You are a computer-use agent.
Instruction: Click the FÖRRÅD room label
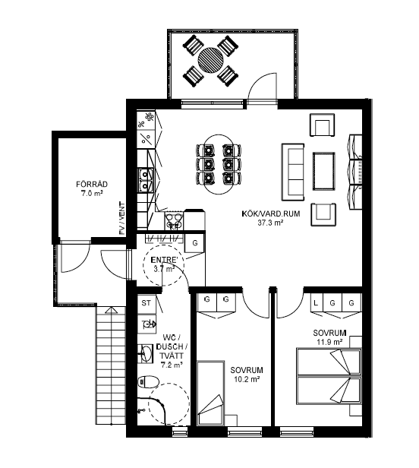click(92, 184)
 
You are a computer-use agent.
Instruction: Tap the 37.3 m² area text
click(270, 223)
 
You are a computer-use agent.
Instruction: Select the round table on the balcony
click(210, 61)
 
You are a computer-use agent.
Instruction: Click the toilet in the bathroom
click(148, 381)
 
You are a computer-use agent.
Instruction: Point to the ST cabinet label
click(146, 303)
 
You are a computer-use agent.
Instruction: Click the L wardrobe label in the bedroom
click(316, 303)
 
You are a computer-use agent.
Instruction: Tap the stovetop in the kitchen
click(174, 221)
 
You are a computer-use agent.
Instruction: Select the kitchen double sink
click(146, 180)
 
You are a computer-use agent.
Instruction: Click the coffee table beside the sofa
click(323, 171)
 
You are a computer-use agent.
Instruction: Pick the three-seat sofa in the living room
click(293, 172)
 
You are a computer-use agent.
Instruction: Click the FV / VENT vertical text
click(121, 218)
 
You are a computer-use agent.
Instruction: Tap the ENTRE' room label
click(164, 260)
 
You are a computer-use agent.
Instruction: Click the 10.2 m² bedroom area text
click(247, 379)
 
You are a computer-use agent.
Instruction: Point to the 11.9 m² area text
click(329, 342)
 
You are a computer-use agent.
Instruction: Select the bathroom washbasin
click(146, 354)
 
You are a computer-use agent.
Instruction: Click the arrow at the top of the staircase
click(111, 311)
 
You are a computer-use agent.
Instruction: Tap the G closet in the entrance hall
click(194, 243)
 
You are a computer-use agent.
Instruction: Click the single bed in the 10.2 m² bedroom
click(210, 393)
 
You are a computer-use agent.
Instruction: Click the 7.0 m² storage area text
click(92, 194)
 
